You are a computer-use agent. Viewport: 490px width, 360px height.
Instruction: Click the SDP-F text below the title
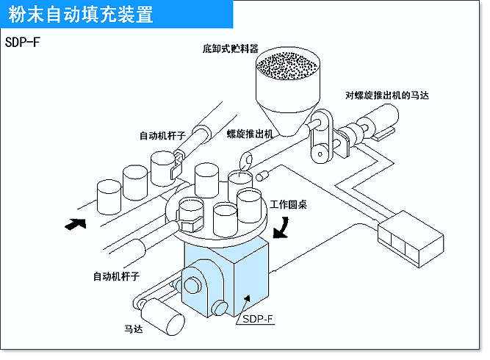click(22, 42)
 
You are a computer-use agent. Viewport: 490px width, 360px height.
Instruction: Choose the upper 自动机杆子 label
click(163, 135)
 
